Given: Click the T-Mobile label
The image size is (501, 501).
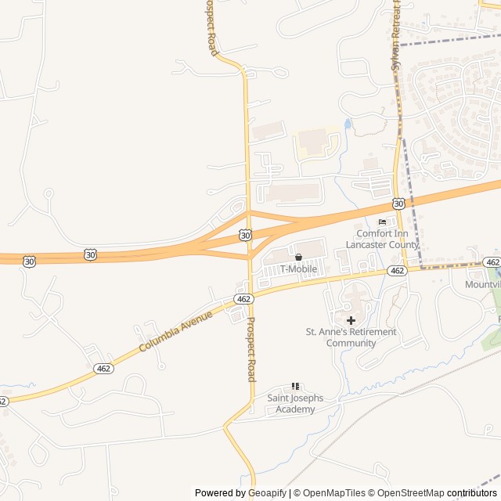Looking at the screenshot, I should pyautogui.click(x=299, y=269).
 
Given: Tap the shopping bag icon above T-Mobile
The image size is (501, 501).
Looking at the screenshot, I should pyautogui.click(x=298, y=258).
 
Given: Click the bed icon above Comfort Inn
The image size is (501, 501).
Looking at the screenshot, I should pyautogui.click(x=382, y=222).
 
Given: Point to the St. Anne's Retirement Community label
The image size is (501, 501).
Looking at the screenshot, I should pyautogui.click(x=351, y=337).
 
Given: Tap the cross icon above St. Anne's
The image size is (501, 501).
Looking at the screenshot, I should pyautogui.click(x=351, y=320).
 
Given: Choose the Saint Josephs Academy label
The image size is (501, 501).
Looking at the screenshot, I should pyautogui.click(x=295, y=404).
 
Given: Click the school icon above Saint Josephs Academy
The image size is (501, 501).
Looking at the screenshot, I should pyautogui.click(x=295, y=387).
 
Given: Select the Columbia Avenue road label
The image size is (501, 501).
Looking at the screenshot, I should pyautogui.click(x=176, y=331).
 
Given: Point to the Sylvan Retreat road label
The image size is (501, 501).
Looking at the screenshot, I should pyautogui.click(x=395, y=35).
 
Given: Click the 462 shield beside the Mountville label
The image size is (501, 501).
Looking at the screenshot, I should pyautogui.click(x=492, y=262).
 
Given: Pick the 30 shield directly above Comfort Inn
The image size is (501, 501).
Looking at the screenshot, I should pyautogui.click(x=398, y=204).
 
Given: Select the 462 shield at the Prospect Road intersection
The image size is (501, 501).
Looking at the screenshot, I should pyautogui.click(x=243, y=300).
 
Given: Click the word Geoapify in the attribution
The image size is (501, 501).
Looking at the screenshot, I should pyautogui.click(x=267, y=493).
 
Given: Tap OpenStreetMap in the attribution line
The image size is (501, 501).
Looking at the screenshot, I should pyautogui.click(x=406, y=493).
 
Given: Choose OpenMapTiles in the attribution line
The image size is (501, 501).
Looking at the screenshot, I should pyautogui.click(x=333, y=493).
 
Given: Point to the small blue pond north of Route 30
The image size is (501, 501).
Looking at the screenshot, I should pyautogui.click(x=348, y=124).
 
